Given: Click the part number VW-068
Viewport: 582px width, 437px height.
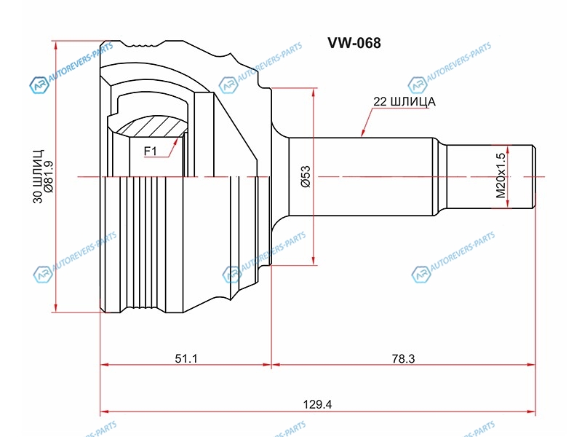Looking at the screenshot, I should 354,43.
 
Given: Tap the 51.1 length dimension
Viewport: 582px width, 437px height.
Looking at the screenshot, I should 186,358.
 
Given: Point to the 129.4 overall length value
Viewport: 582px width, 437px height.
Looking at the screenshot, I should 318,404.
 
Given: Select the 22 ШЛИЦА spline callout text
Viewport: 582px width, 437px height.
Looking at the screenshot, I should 404,102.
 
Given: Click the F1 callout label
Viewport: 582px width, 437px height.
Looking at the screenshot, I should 151,151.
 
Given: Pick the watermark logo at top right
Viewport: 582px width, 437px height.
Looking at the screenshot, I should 418,85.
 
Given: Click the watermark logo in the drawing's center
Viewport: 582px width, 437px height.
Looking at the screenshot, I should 231,274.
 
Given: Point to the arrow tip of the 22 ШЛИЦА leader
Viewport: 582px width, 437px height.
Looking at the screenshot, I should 362,136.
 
